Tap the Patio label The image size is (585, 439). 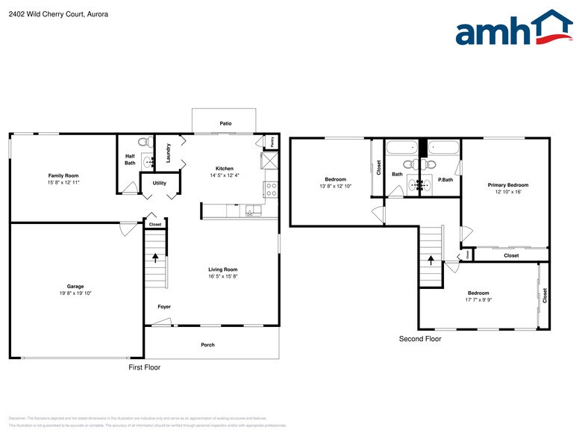pos(225,124)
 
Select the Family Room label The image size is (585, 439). pos(63,175)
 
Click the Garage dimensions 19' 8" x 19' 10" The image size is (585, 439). pos(75,293)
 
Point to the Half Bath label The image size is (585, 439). pos(130,160)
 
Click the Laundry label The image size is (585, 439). pos(169,153)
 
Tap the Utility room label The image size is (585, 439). pos(160,182)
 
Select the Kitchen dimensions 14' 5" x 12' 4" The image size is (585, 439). pos(225,176)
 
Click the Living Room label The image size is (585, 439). pos(222,270)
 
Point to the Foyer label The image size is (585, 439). pos(164,307)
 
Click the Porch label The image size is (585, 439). pos(207,345)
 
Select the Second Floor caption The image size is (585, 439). pos(420,339)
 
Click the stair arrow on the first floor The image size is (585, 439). pos(155,258)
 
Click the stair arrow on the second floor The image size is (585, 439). pos(431,260)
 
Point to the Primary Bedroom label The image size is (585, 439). pos(508,184)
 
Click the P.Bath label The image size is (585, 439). pos(445,179)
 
